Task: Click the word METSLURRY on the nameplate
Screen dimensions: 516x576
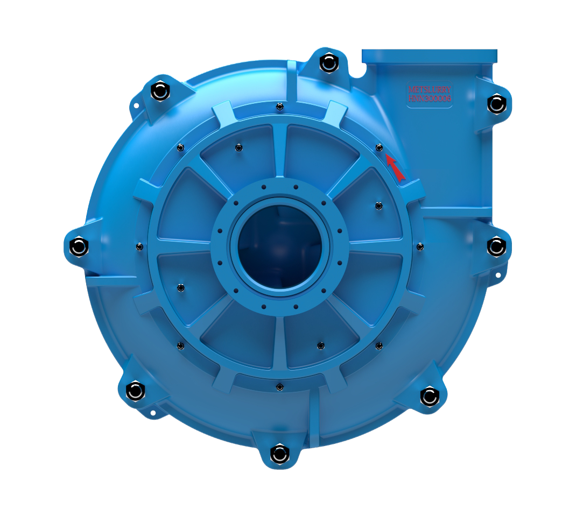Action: pyautogui.click(x=429, y=89)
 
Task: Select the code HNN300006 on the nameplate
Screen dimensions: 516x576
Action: pyautogui.click(x=429, y=99)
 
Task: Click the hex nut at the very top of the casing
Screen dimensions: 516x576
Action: pyautogui.click(x=328, y=62)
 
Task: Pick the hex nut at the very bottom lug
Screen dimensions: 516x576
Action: pyautogui.click(x=279, y=454)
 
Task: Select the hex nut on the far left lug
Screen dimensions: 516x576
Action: pyautogui.click(x=79, y=246)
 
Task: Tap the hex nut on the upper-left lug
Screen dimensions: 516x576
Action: pyautogui.click(x=160, y=90)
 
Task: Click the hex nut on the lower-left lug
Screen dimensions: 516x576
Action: pyautogui.click(x=135, y=390)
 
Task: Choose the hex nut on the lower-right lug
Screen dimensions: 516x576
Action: pyautogui.click(x=429, y=397)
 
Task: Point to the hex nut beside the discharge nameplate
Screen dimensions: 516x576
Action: pyautogui.click(x=496, y=103)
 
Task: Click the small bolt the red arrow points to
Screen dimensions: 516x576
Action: pyautogui.click(x=379, y=147)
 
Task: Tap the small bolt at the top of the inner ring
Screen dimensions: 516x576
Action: pyautogui.click(x=279, y=107)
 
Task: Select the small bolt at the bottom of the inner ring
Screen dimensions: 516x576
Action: pyautogui.click(x=279, y=387)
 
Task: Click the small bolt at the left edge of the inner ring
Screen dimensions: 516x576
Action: pyautogui.click(x=140, y=246)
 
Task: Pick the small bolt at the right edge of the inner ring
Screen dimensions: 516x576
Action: pyautogui.click(x=420, y=246)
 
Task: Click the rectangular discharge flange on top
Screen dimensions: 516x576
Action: pyautogui.click(x=429, y=56)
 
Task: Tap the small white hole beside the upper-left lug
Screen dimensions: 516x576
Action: pyautogui.click(x=136, y=106)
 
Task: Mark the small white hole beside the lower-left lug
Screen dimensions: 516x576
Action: pyautogui.click(x=153, y=413)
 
